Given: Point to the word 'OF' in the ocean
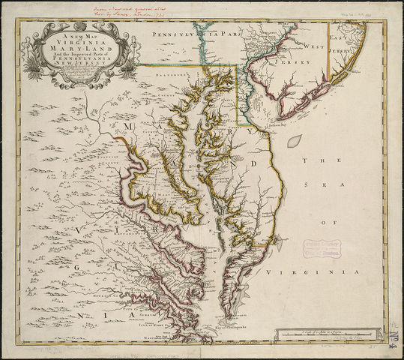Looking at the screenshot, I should [x=324, y=223].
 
